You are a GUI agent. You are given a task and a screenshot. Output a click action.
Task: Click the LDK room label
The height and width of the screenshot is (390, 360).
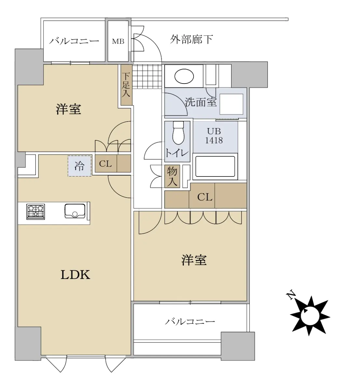click(x=75, y=275)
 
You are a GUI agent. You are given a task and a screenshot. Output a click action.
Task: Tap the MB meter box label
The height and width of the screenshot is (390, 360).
click(x=118, y=41)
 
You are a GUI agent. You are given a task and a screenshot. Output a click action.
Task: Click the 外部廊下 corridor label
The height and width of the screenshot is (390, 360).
click(x=192, y=39)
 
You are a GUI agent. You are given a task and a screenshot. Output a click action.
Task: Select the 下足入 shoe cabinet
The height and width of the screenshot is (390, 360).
click(x=127, y=85)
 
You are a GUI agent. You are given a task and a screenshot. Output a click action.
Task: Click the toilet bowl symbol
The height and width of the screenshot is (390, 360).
click(x=178, y=133)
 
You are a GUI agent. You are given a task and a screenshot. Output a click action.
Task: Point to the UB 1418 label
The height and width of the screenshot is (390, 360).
click(x=214, y=136)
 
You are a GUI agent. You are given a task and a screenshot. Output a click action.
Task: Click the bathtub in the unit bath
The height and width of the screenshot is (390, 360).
click(x=215, y=166)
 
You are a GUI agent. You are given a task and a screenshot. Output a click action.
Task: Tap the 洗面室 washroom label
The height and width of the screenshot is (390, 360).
click(x=201, y=102)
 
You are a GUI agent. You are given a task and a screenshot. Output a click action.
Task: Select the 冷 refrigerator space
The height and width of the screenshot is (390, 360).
click(x=80, y=166)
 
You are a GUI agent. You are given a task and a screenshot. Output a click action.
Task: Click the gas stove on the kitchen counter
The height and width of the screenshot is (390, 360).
click(x=35, y=212)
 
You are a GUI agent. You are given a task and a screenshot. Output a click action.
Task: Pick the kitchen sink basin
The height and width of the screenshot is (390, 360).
click(x=75, y=211)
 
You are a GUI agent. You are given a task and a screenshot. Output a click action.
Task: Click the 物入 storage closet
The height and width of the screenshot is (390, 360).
click(x=172, y=176)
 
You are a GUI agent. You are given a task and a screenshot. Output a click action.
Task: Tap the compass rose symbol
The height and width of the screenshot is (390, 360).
click(x=310, y=316)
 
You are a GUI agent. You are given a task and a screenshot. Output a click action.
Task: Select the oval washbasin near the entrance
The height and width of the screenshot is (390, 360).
click(x=184, y=76)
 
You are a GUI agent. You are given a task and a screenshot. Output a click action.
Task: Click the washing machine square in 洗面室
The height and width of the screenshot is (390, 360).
click(x=231, y=104)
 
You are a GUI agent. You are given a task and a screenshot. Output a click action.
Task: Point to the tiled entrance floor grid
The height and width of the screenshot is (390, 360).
click(x=147, y=77)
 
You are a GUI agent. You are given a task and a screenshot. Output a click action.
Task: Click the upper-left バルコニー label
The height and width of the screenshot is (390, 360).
click(x=74, y=41)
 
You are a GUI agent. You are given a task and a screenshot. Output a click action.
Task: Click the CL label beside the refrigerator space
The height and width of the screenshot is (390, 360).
click(x=105, y=163)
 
